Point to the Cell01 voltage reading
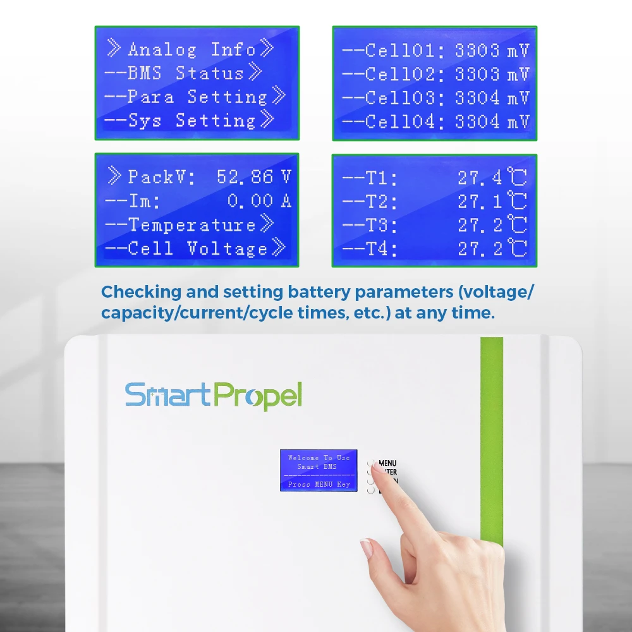(x=492, y=51)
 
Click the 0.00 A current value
(x=259, y=201)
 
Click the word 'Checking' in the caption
(x=140, y=292)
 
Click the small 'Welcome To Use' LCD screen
(x=319, y=470)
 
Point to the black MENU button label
(x=387, y=463)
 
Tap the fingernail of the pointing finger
(x=367, y=547)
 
